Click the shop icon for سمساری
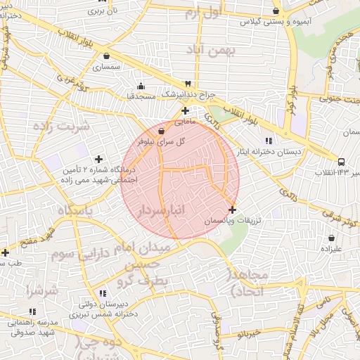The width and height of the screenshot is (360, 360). coord(106,56)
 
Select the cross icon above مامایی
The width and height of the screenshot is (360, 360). coord(185,110)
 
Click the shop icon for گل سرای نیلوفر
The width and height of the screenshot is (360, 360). coord(162,131)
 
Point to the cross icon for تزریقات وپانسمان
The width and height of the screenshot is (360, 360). coord(233,210)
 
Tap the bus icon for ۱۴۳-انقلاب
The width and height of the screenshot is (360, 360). coord(342,161)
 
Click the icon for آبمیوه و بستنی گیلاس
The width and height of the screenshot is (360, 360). coord(276,11)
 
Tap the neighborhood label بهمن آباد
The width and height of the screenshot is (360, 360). coord(212,50)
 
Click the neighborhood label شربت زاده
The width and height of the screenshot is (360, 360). coord(62,127)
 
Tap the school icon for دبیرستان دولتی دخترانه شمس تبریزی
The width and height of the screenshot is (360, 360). coord(103,293)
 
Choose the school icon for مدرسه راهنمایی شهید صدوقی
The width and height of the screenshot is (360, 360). coord(31,311)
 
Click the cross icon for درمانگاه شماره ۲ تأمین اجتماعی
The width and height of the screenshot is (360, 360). coord(98,159)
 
